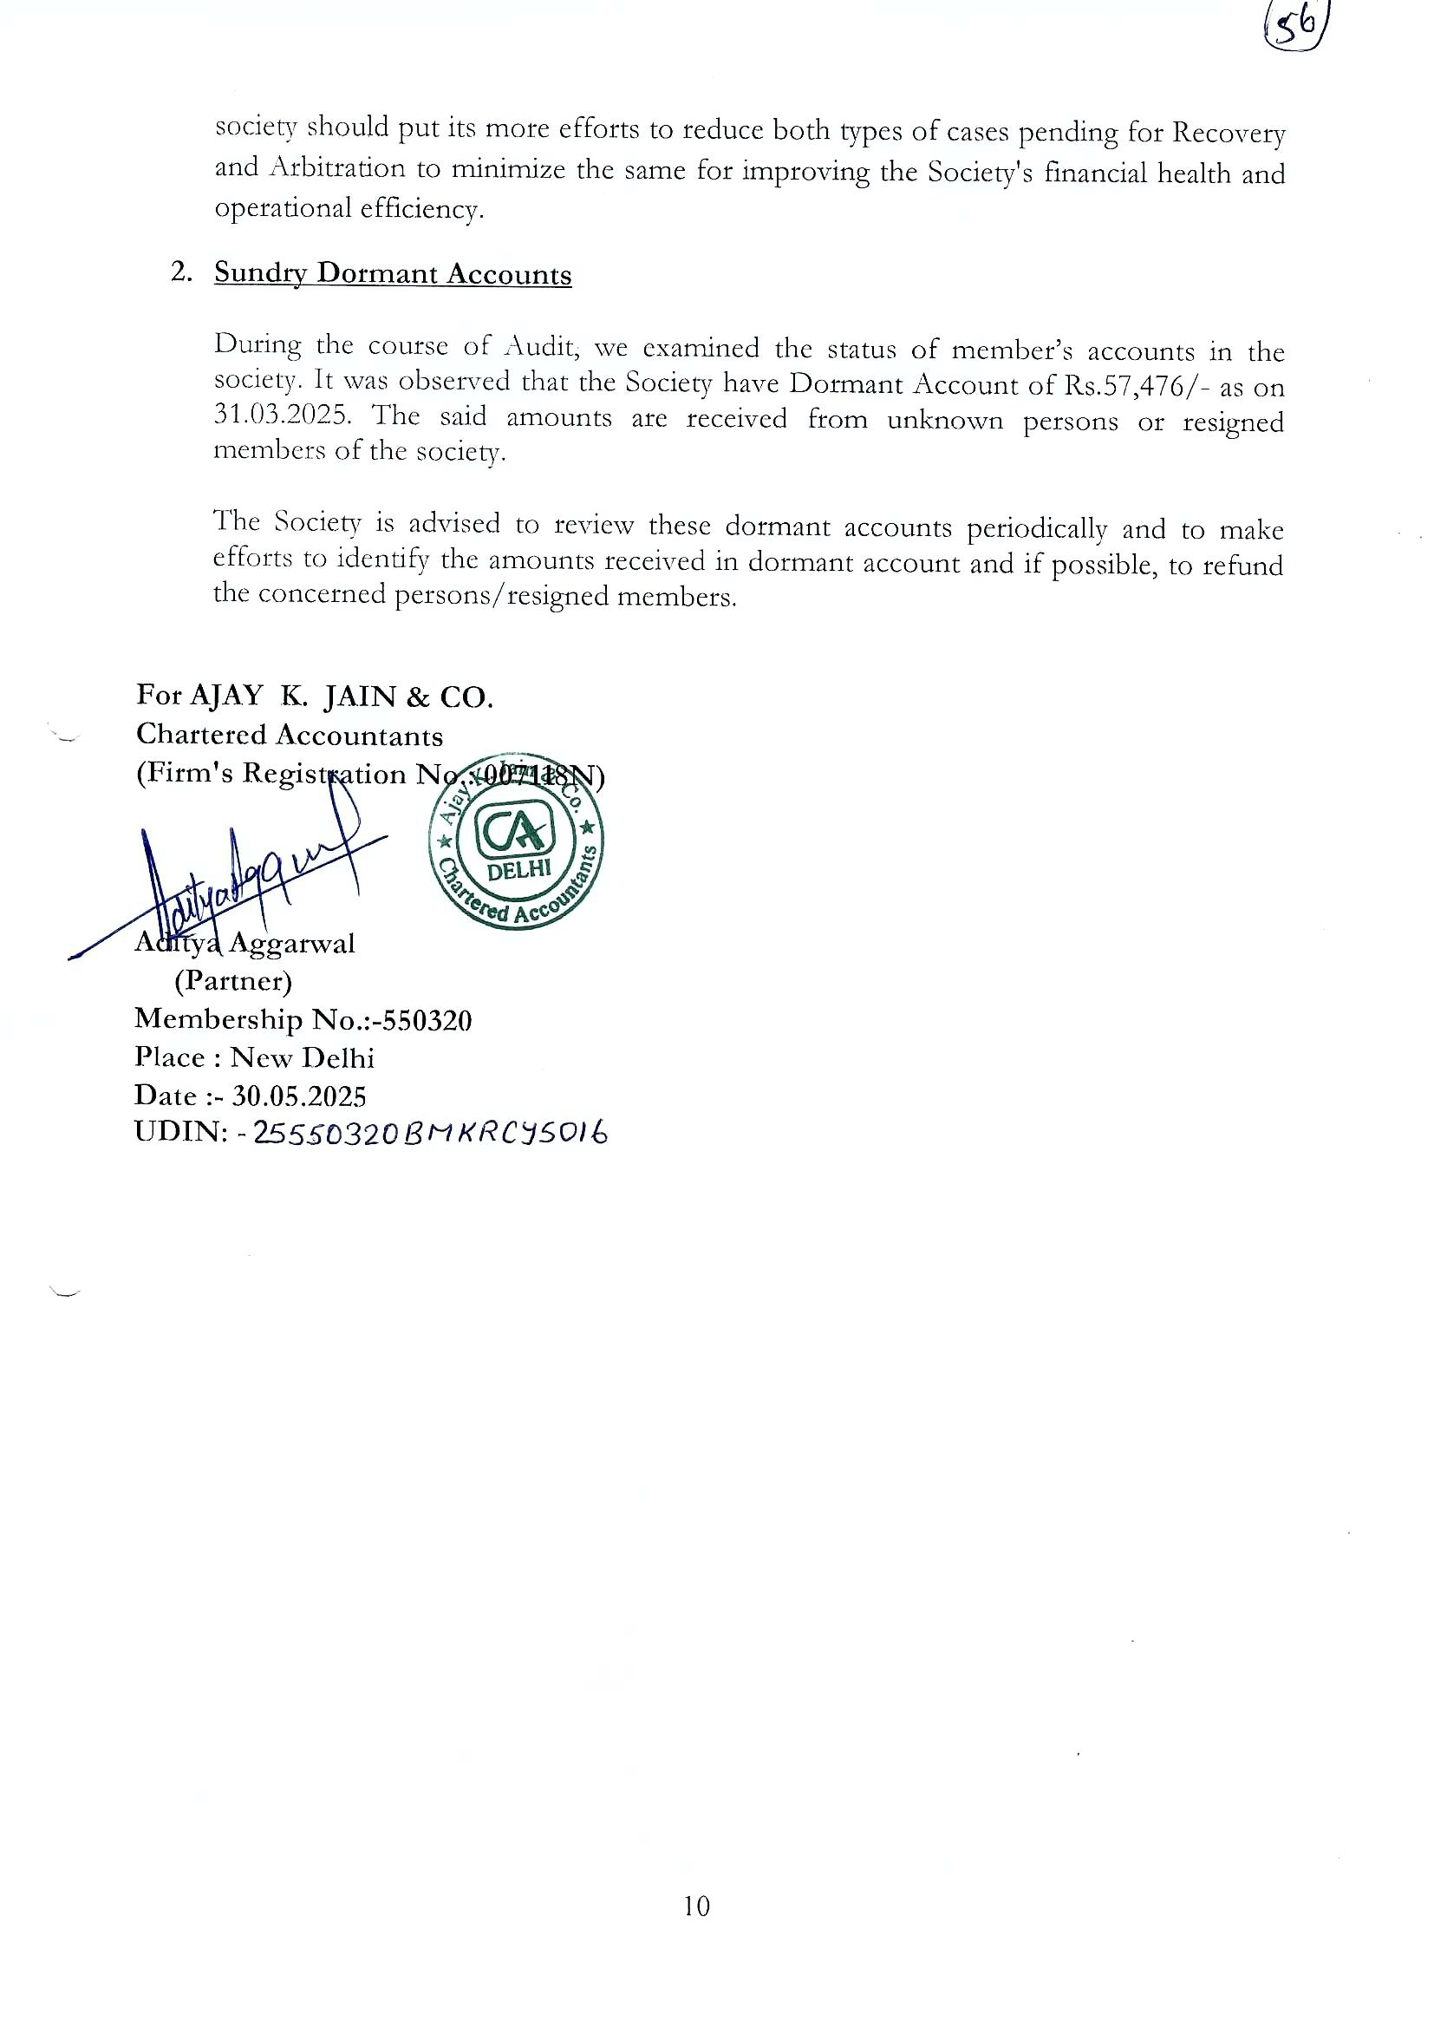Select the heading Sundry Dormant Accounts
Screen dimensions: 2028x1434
[393, 274]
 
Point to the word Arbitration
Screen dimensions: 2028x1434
[336, 167]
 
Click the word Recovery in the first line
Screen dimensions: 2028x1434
[1229, 134]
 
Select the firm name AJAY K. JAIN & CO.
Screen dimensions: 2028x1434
[341, 697]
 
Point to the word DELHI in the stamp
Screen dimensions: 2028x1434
[519, 869]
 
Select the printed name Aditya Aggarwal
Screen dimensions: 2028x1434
[244, 944]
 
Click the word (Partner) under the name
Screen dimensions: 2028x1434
[233, 981]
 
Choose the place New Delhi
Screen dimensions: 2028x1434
[302, 1058]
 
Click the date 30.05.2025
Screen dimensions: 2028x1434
[298, 1096]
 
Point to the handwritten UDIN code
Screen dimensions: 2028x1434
[430, 1133]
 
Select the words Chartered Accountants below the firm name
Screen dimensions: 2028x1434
[290, 735]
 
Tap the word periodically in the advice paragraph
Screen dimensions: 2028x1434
[1037, 529]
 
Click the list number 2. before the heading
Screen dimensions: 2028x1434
[181, 272]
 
